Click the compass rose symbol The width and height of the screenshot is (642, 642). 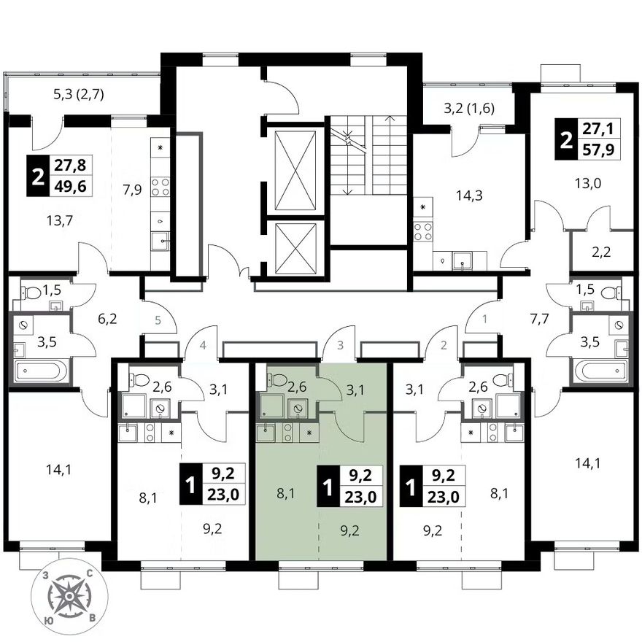pyautogui.click(x=70, y=596)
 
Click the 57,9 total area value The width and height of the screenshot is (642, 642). pyautogui.click(x=599, y=150)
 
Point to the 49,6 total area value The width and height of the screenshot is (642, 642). pyautogui.click(x=70, y=187)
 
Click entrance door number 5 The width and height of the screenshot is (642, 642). pyautogui.click(x=158, y=320)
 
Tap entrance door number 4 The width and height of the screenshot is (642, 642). pyautogui.click(x=203, y=345)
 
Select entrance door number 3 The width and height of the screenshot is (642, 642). pyautogui.click(x=340, y=345)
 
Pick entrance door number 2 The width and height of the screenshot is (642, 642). pyautogui.click(x=444, y=345)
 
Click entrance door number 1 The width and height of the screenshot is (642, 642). pyautogui.click(x=484, y=319)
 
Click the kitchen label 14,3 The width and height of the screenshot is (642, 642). pyautogui.click(x=469, y=196)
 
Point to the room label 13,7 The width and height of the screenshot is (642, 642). pyautogui.click(x=59, y=221)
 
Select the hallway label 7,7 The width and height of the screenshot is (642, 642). pyautogui.click(x=539, y=319)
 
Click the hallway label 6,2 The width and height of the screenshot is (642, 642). pyautogui.click(x=108, y=319)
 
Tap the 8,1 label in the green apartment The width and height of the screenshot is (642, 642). pyautogui.click(x=286, y=494)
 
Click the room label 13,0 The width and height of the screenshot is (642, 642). pyautogui.click(x=588, y=183)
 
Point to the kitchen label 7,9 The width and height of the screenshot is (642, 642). pyautogui.click(x=132, y=190)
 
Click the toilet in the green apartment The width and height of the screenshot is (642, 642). pyautogui.click(x=279, y=379)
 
